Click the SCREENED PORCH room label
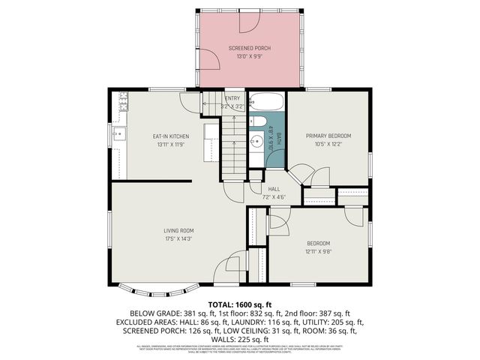(249, 48)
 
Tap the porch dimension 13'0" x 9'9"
(249, 57)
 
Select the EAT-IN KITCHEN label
(171, 136)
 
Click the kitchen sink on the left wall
(118, 135)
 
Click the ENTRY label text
(232, 98)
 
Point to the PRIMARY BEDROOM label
(328, 136)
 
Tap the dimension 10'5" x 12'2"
(328, 144)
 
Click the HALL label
(274, 189)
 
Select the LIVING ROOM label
(179, 230)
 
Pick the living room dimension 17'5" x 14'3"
(179, 238)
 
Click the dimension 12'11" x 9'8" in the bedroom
(318, 252)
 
